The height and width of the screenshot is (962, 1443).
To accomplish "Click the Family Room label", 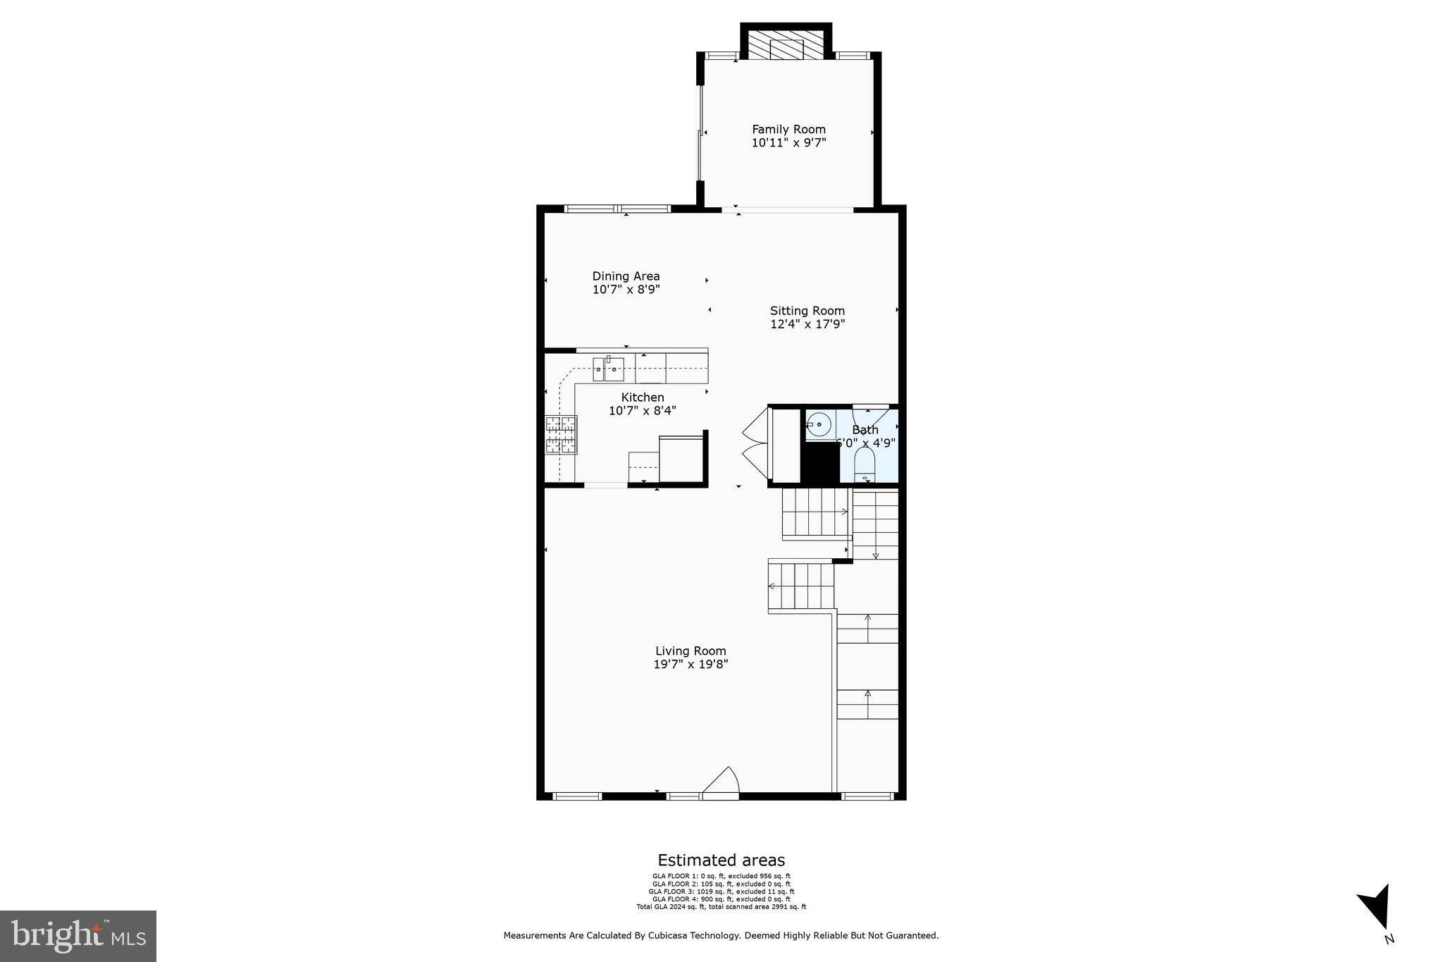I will click(788, 129).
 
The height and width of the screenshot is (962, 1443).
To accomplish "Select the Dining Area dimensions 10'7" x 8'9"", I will click(626, 290).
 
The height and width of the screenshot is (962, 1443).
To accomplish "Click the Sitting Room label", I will click(807, 311).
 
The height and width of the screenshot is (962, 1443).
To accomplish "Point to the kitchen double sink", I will click(608, 369).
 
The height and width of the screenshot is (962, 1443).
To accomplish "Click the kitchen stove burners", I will click(561, 434).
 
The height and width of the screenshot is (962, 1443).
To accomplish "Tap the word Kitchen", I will click(642, 397).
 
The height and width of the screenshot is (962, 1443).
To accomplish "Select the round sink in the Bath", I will click(819, 425).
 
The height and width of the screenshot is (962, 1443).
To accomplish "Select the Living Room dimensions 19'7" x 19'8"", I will click(690, 664).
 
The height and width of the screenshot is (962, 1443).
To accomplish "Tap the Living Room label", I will click(690, 651).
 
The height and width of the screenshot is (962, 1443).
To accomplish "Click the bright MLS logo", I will click(78, 936).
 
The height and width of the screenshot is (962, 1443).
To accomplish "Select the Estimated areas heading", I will click(721, 860).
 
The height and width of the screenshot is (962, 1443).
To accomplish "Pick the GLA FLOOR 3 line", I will click(721, 892).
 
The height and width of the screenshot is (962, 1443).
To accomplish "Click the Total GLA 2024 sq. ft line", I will click(721, 907).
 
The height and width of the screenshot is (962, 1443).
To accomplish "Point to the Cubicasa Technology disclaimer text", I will click(721, 936).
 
